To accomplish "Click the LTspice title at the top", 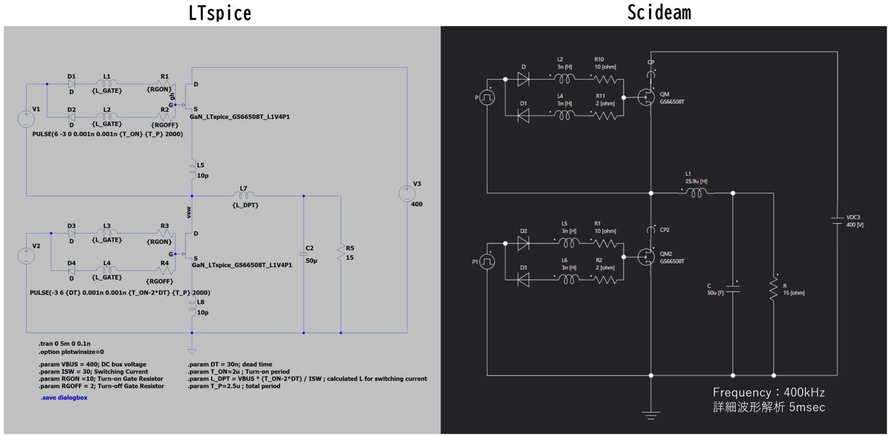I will (x=220, y=13).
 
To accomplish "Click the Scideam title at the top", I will (x=659, y=13).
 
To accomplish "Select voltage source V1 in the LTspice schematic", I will (x=26, y=119).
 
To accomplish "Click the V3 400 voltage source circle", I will (x=407, y=193).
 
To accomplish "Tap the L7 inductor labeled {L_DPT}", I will (x=244, y=196).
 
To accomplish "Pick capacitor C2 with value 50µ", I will (x=304, y=254).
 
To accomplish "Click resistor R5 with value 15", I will (x=341, y=253).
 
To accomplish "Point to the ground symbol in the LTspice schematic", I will (x=192, y=351).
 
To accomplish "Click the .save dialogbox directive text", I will (x=64, y=398).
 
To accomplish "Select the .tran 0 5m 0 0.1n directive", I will (x=64, y=344).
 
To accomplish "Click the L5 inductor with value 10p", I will (x=192, y=170).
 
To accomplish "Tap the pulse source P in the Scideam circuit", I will (x=487, y=97).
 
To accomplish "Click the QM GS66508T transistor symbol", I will (x=646, y=97).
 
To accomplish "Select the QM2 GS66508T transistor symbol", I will (x=646, y=257).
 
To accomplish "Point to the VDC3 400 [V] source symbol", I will (x=837, y=221).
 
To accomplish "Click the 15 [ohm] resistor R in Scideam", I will (x=773, y=289).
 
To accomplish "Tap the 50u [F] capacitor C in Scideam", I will (x=733, y=289).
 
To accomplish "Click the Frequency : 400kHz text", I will (x=769, y=393).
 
